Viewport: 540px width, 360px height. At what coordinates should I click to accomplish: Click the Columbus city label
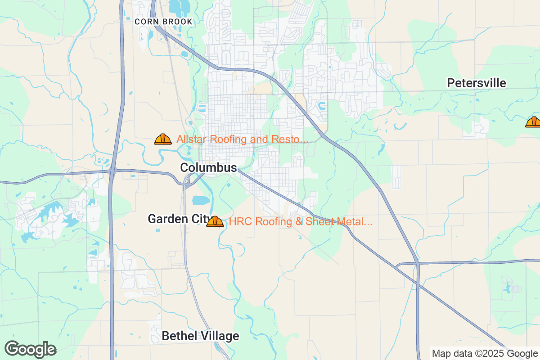[x=208, y=168]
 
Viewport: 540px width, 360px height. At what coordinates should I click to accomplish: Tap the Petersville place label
[x=476, y=83]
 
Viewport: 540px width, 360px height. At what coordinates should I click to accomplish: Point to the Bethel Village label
[x=200, y=336]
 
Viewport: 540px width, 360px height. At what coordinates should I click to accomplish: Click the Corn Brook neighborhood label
[x=164, y=22]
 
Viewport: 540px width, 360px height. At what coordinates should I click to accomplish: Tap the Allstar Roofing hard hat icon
[x=163, y=139]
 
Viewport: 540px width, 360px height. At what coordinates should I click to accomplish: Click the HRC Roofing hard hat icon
[x=215, y=221]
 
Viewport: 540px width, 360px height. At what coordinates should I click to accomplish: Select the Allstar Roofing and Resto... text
[x=242, y=139]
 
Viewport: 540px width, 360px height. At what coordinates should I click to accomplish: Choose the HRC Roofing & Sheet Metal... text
[x=300, y=221]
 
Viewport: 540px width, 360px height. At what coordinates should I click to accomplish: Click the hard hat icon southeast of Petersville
[x=534, y=122]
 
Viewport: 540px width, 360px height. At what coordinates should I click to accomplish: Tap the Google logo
[x=30, y=349]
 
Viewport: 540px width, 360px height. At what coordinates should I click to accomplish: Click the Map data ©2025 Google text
[x=484, y=353]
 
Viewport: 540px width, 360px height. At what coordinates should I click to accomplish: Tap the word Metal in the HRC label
[x=356, y=221]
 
